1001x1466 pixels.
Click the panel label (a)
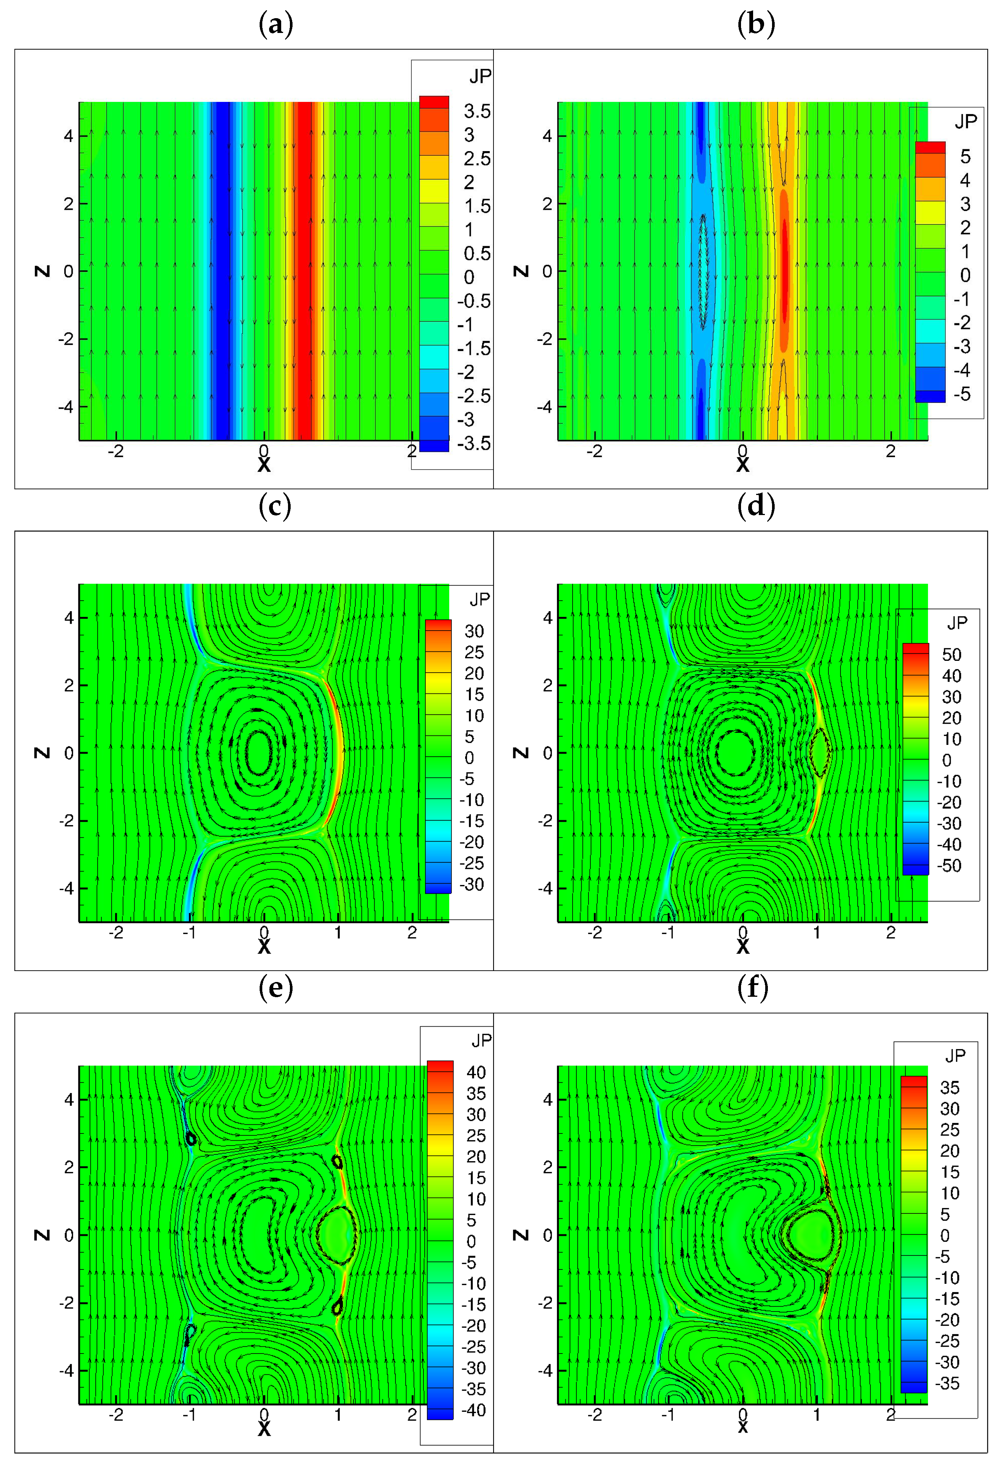276,25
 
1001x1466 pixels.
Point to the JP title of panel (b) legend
965,122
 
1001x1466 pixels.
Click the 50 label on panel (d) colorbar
951,655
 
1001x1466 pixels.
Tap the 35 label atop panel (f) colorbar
949,1088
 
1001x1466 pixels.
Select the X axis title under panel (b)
743,465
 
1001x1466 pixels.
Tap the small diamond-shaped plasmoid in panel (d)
819,752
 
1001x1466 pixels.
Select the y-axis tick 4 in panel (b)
546,136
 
